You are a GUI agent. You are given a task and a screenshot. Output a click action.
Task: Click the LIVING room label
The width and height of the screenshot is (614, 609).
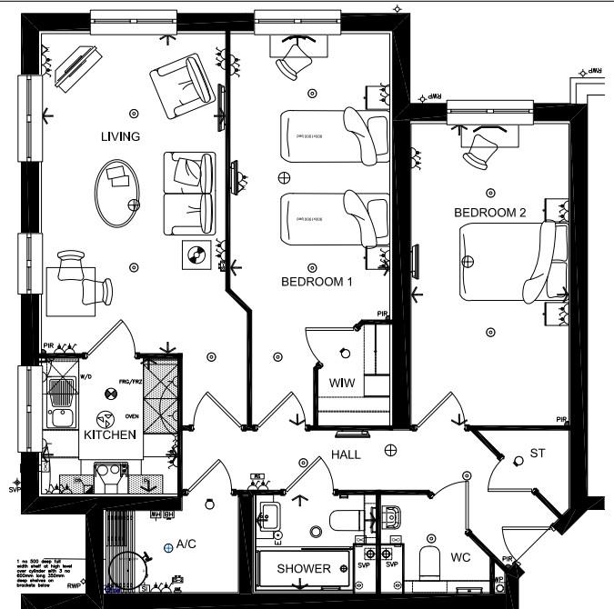(x=121, y=137)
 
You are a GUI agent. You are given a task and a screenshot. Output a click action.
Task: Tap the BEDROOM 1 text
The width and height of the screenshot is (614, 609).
(x=316, y=283)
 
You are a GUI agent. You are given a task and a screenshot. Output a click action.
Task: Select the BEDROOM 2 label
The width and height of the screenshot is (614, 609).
(x=490, y=213)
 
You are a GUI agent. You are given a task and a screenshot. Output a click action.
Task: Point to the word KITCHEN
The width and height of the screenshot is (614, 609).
(x=110, y=435)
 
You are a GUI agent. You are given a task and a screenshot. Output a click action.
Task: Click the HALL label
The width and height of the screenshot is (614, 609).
(x=347, y=454)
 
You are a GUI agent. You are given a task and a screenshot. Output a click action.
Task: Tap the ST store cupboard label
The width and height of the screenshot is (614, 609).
(x=537, y=453)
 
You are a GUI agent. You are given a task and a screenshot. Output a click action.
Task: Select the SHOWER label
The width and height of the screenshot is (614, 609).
(x=304, y=569)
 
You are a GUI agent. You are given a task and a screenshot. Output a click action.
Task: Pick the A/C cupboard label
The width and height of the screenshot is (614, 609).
(x=186, y=544)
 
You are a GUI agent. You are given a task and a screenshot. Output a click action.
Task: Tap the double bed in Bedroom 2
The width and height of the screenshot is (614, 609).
(x=506, y=260)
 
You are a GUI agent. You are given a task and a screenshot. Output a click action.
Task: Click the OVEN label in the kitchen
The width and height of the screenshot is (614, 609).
(x=132, y=417)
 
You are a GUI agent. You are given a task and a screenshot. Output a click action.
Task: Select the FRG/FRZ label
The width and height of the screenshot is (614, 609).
(x=129, y=382)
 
